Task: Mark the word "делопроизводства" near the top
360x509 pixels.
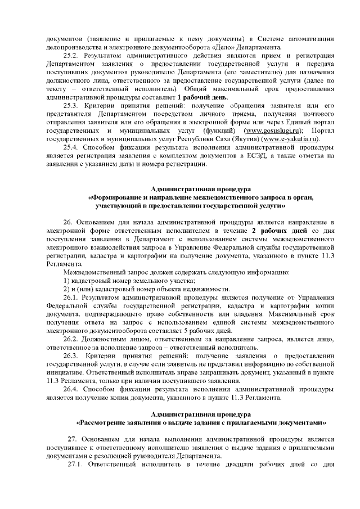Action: (72, 46)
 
